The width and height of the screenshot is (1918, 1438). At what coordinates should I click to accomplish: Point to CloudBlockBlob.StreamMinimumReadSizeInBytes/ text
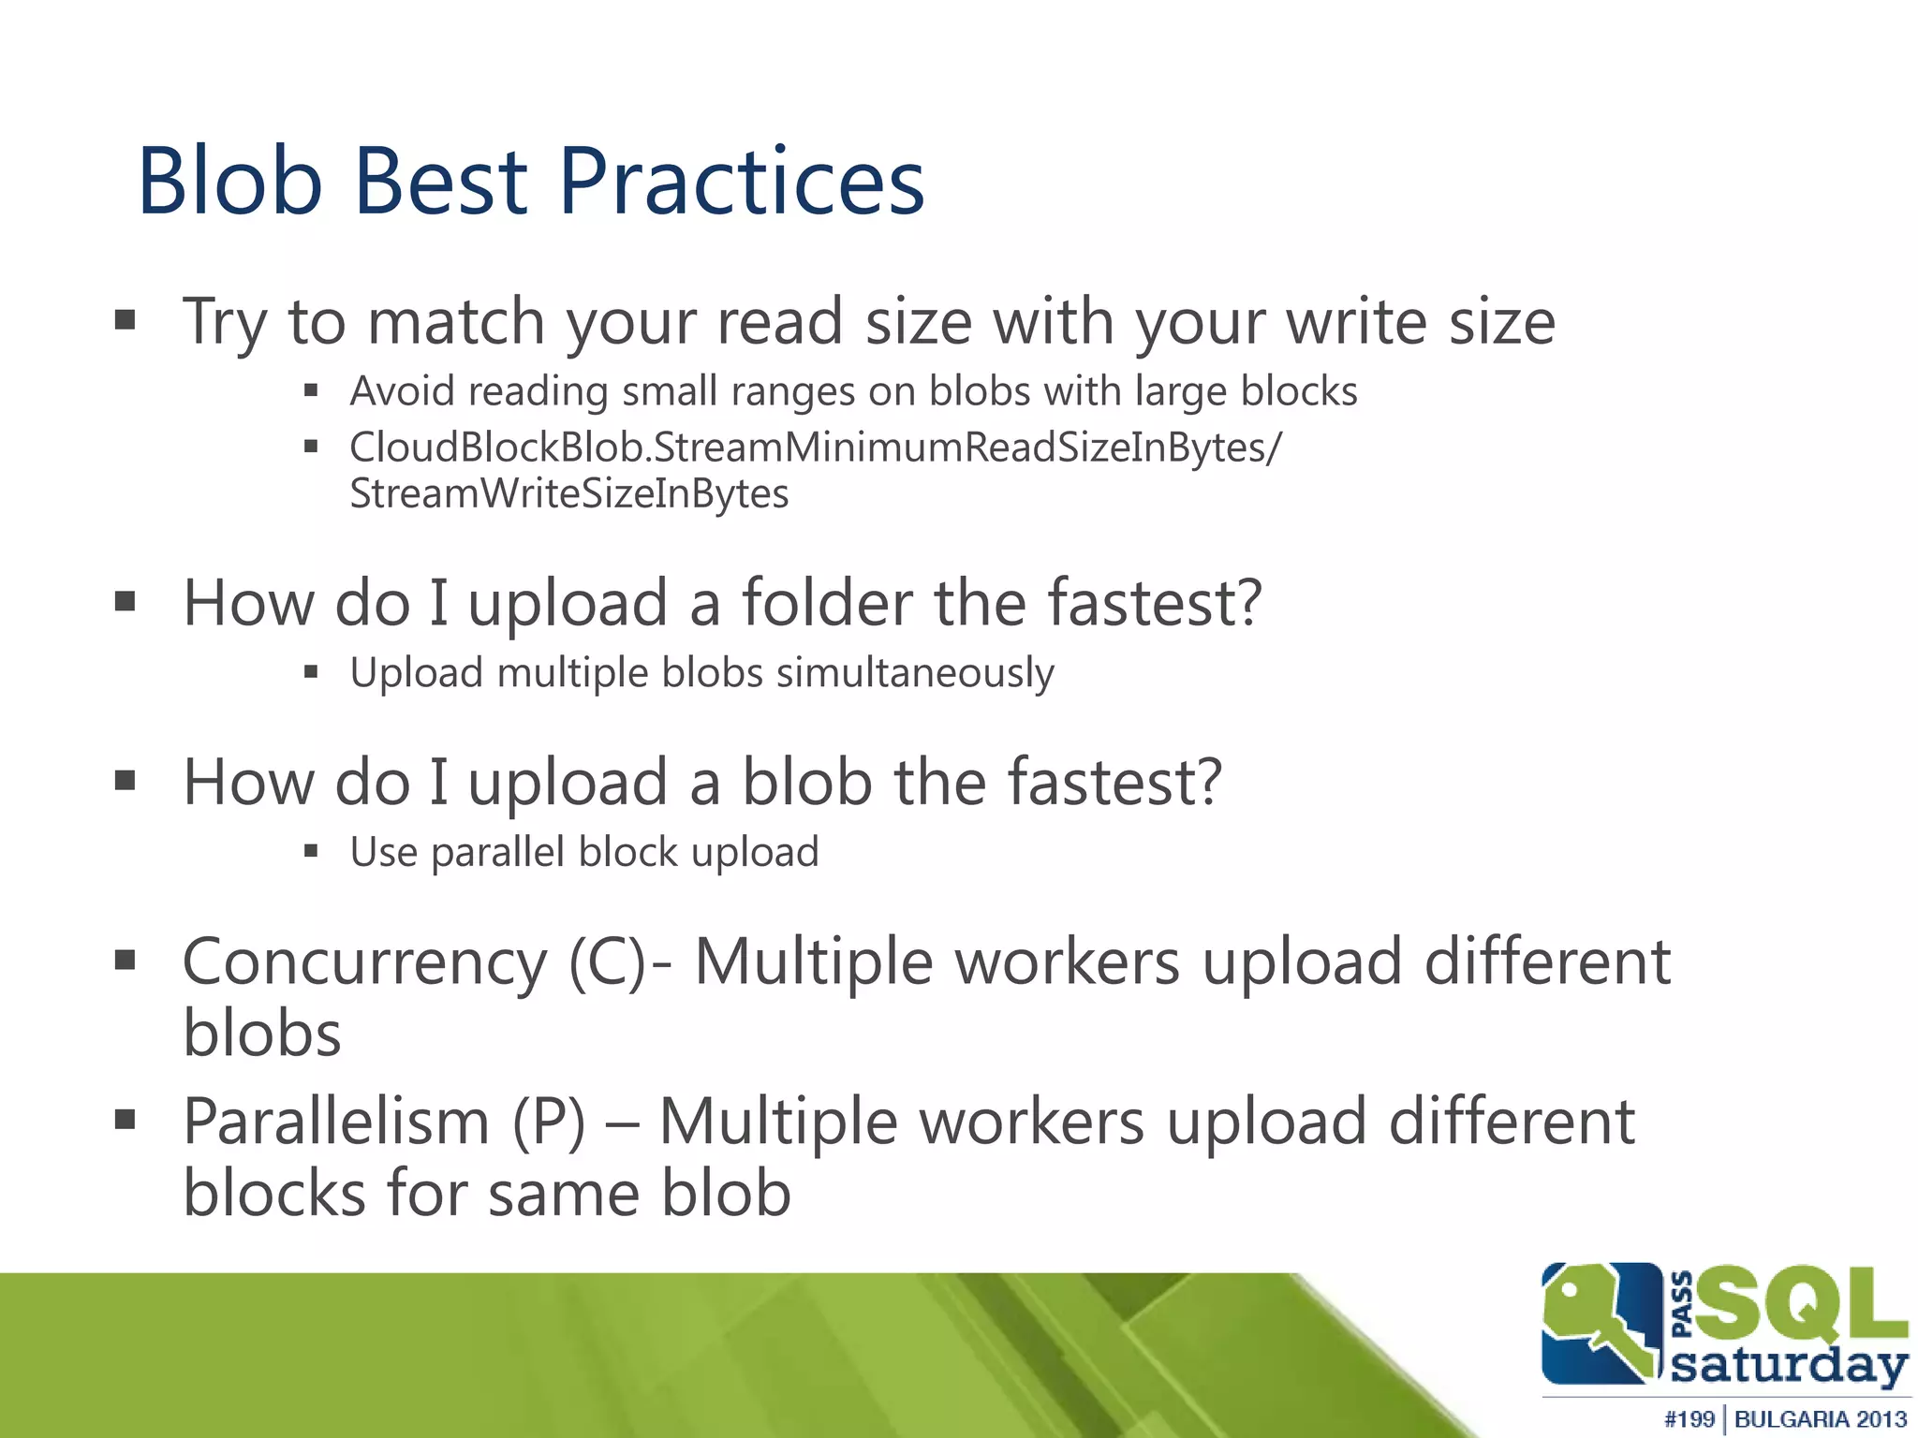(815, 448)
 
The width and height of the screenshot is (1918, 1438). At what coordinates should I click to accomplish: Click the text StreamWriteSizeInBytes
(568, 493)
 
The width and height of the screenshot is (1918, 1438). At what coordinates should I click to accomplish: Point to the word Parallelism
(336, 1122)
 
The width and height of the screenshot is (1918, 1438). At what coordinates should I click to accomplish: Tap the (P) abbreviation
(549, 1122)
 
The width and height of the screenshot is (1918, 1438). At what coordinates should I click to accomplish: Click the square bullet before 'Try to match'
(125, 321)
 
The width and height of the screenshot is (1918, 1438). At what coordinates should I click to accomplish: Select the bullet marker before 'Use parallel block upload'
(312, 851)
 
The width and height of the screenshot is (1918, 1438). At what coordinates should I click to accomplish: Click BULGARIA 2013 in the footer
(1820, 1419)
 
